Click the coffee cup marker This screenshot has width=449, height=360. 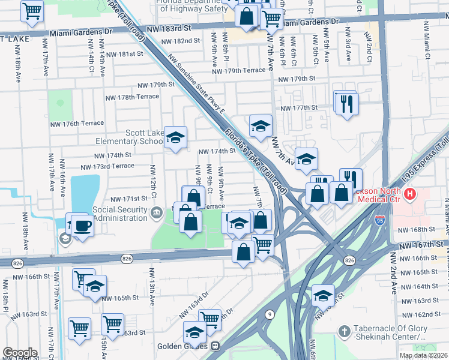[x=82, y=226]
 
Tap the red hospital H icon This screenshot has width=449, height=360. [x=410, y=194]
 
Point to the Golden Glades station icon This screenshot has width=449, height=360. [x=215, y=346]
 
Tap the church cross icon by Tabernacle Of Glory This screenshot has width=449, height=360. [x=345, y=331]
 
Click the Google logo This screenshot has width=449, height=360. [x=20, y=353]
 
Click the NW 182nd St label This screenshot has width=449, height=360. [x=180, y=41]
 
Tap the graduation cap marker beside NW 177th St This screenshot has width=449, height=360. [x=261, y=126]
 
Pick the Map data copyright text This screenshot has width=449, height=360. [x=423, y=355]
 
